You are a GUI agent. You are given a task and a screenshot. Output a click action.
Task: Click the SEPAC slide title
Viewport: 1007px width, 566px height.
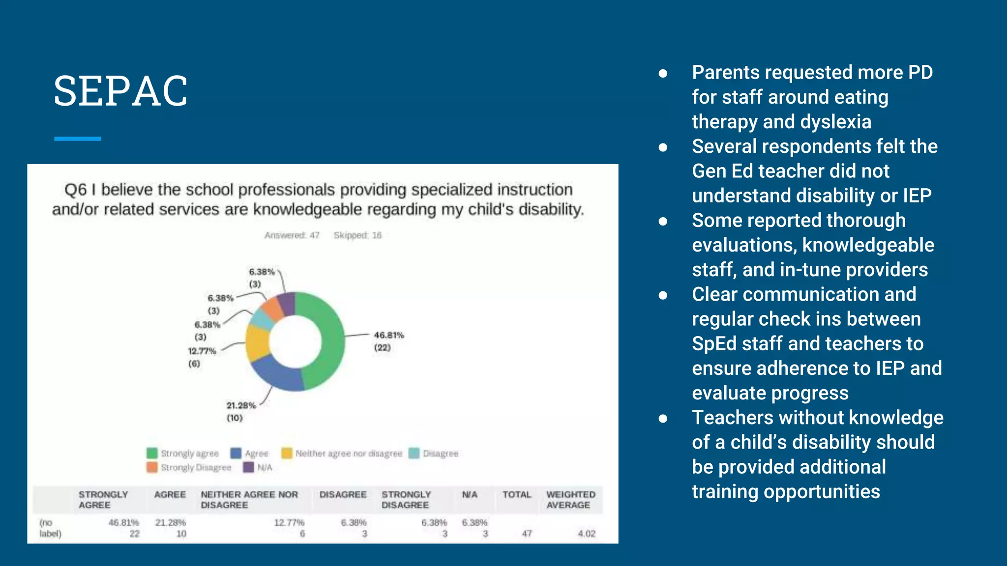[120, 91]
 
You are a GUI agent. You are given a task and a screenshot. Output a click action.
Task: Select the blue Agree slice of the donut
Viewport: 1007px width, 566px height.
[278, 374]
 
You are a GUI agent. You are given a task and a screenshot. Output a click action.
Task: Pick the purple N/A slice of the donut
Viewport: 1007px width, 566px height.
[287, 303]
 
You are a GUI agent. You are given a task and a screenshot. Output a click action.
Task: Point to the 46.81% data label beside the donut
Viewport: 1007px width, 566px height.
[388, 336]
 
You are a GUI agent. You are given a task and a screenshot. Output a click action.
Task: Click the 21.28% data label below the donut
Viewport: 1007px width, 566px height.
[241, 406]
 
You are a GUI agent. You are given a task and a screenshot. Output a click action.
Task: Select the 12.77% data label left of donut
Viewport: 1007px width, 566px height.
[202, 351]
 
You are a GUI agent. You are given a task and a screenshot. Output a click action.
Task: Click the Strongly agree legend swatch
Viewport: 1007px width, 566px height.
[152, 453]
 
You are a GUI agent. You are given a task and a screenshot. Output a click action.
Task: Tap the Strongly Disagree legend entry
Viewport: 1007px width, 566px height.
[196, 467]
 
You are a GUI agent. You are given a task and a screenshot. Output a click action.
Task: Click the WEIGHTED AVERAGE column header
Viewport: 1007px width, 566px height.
[570, 500]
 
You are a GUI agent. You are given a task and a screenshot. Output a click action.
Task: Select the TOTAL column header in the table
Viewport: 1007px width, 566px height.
[516, 495]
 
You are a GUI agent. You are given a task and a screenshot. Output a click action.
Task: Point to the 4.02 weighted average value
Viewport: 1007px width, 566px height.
[586, 534]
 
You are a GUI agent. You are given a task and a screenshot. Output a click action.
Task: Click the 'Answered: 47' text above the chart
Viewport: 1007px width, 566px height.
[292, 235]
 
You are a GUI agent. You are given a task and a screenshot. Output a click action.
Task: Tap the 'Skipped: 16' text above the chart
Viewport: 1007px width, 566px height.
[357, 235]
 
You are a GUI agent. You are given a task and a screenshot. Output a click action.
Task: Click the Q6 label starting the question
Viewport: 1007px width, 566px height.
[75, 190]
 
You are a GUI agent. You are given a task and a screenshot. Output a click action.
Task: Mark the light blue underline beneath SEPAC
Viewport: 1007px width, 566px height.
[78, 139]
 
